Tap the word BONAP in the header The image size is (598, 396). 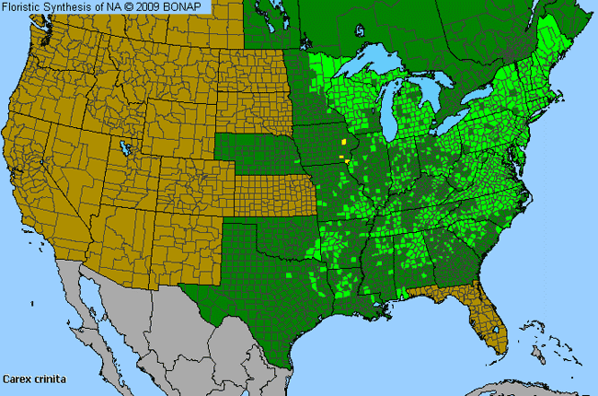pos(190,7)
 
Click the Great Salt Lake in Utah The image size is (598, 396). pos(125,147)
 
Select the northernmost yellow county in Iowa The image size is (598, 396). pos(346,143)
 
